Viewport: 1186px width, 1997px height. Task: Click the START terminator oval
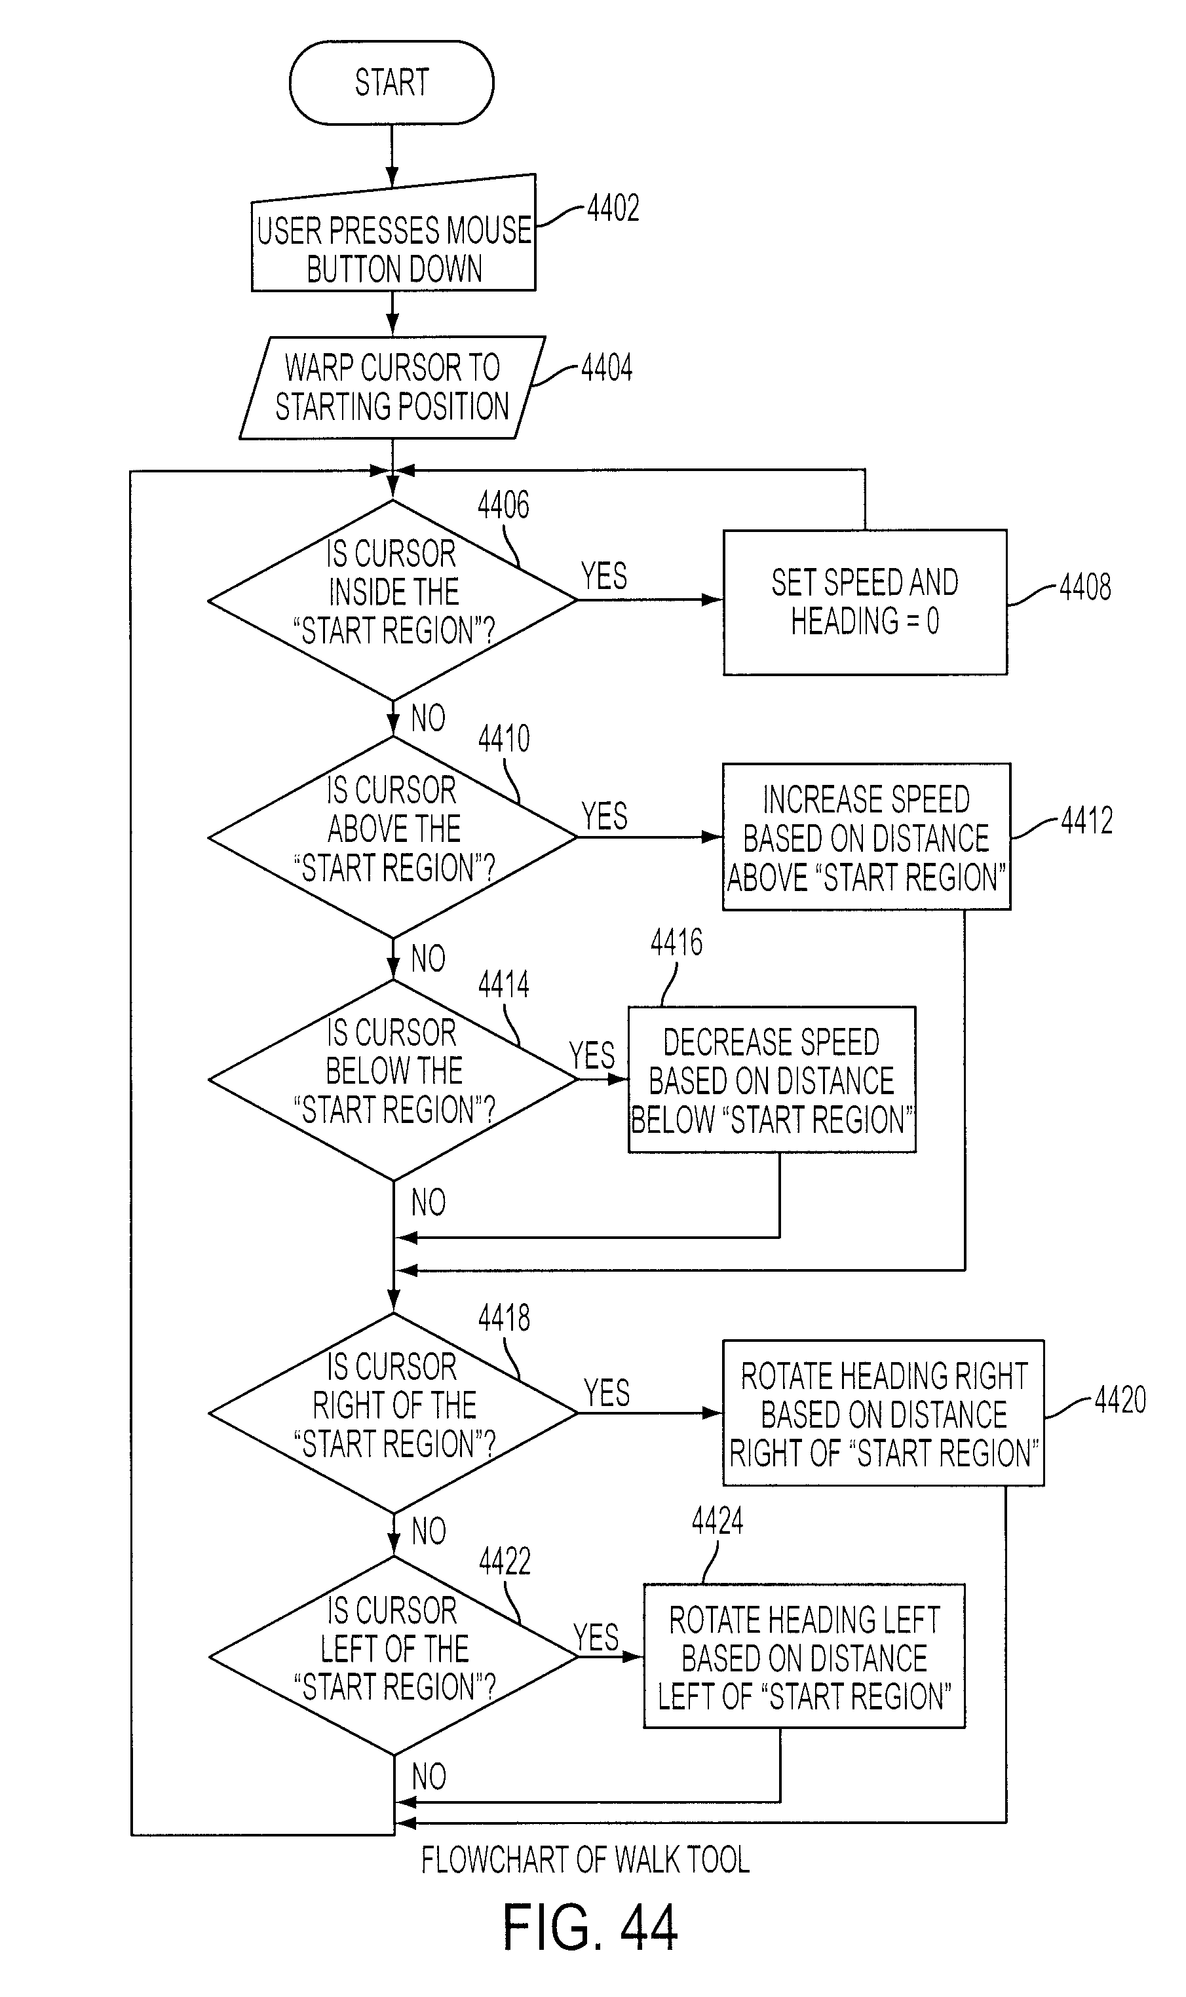[392, 83]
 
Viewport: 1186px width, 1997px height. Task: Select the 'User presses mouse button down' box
[393, 233]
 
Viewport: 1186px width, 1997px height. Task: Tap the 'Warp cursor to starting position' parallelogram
[392, 388]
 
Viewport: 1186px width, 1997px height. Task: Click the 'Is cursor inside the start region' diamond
[392, 600]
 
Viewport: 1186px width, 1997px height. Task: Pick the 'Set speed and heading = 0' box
[865, 601]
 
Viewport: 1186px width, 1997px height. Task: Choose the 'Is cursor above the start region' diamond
[392, 837]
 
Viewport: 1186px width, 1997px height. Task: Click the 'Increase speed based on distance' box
[866, 837]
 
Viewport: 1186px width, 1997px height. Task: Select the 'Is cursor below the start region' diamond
[392, 1080]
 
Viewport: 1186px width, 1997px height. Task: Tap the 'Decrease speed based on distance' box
[772, 1080]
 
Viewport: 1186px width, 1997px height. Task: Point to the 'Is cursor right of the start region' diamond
[393, 1413]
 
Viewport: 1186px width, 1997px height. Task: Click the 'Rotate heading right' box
[883, 1413]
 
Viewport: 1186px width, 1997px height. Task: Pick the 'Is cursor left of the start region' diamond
[393, 1656]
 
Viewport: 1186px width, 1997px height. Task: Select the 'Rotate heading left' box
[804, 1656]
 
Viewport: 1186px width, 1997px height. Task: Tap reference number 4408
[1085, 587]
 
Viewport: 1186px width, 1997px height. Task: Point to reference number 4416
[676, 943]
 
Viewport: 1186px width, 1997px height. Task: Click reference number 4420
[1120, 1400]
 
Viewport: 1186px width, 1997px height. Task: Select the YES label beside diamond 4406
[604, 576]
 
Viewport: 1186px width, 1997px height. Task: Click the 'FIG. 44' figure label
[590, 1928]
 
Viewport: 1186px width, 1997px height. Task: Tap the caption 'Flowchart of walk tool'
[586, 1859]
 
